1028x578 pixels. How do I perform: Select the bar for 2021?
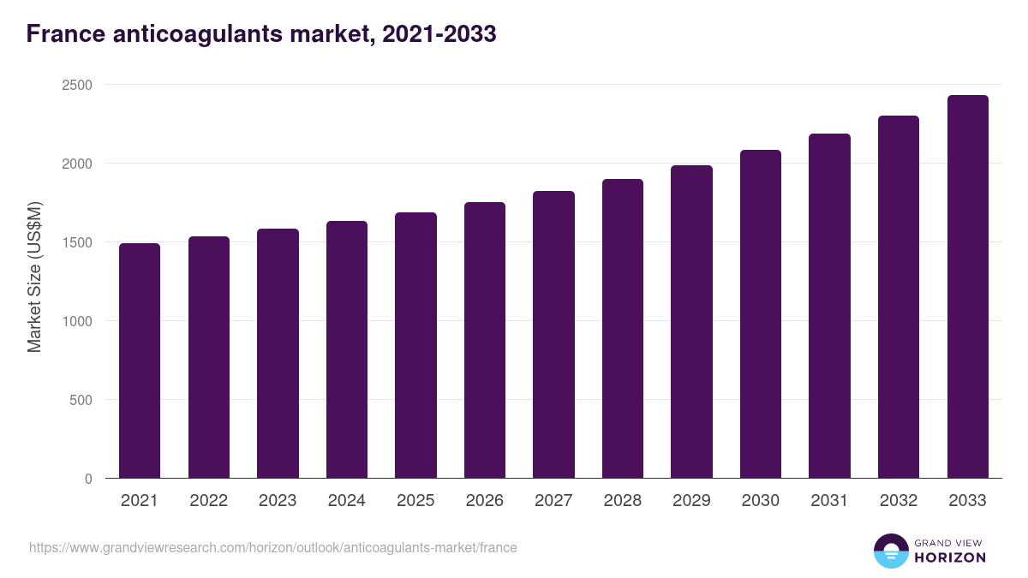[140, 361]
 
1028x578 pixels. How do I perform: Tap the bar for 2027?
[553, 335]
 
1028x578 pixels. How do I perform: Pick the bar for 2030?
[761, 314]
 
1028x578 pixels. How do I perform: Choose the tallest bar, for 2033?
[967, 287]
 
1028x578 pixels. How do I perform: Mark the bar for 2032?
[899, 297]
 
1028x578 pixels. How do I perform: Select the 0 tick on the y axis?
[88, 479]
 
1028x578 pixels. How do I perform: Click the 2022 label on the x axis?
[208, 501]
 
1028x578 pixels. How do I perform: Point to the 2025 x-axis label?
[415, 501]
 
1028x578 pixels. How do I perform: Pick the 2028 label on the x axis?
[622, 501]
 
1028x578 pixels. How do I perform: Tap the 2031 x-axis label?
[829, 501]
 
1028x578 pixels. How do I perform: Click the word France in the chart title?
[65, 34]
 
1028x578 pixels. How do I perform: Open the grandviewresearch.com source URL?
[272, 547]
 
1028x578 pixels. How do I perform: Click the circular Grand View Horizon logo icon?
[891, 551]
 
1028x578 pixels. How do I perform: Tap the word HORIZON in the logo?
[950, 557]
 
